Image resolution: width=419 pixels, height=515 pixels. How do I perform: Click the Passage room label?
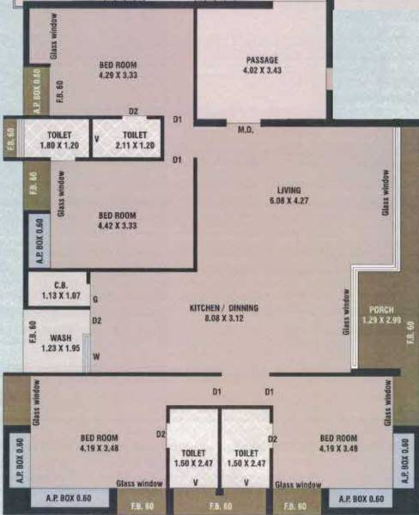click(262, 59)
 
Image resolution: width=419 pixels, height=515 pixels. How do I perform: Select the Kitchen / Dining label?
click(224, 307)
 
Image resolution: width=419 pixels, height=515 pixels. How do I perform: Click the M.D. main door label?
click(245, 130)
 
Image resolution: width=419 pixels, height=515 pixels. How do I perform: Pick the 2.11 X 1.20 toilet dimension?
click(134, 145)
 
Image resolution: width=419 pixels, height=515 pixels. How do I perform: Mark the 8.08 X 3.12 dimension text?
click(224, 318)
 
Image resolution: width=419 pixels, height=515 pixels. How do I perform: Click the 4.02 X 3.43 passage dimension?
click(262, 70)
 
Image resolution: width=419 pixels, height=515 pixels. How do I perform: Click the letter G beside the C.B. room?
click(95, 298)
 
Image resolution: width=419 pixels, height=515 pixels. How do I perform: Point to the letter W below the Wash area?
click(96, 356)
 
